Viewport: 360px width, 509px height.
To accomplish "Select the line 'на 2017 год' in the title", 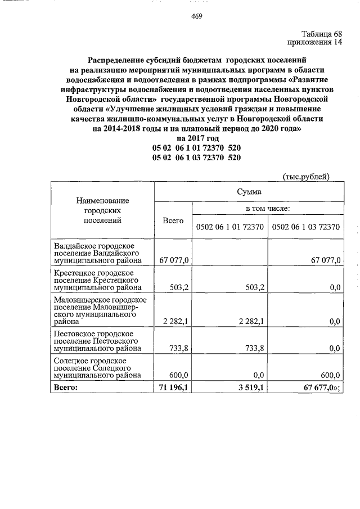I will (x=196, y=138).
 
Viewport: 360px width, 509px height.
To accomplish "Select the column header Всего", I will (x=173, y=220).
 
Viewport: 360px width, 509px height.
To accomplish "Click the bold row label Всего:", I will (x=65, y=388).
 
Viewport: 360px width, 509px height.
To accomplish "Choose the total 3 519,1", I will (x=251, y=388).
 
